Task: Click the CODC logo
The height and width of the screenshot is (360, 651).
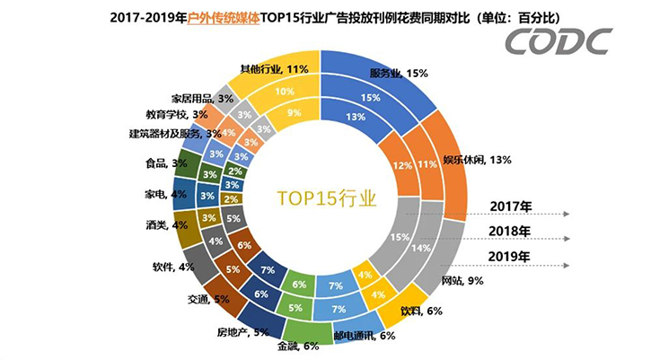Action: pyautogui.click(x=558, y=41)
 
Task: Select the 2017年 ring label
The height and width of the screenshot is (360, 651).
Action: pyautogui.click(x=511, y=206)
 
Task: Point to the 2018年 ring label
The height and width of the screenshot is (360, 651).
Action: pyautogui.click(x=511, y=232)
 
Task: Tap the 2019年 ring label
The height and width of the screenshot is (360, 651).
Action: pyautogui.click(x=511, y=257)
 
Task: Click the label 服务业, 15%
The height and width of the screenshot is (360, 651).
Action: pyautogui.click(x=395, y=72)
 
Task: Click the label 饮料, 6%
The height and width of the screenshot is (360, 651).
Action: pyautogui.click(x=420, y=311)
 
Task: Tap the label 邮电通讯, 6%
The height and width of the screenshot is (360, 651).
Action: pyautogui.click(x=364, y=337)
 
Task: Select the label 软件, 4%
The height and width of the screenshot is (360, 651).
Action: pyautogui.click(x=174, y=266)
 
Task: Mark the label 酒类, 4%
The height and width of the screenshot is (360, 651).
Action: pyautogui.click(x=166, y=224)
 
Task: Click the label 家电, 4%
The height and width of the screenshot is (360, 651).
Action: pyautogui.click(x=166, y=193)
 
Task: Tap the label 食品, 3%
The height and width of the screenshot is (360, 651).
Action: pyautogui.click(x=167, y=163)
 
